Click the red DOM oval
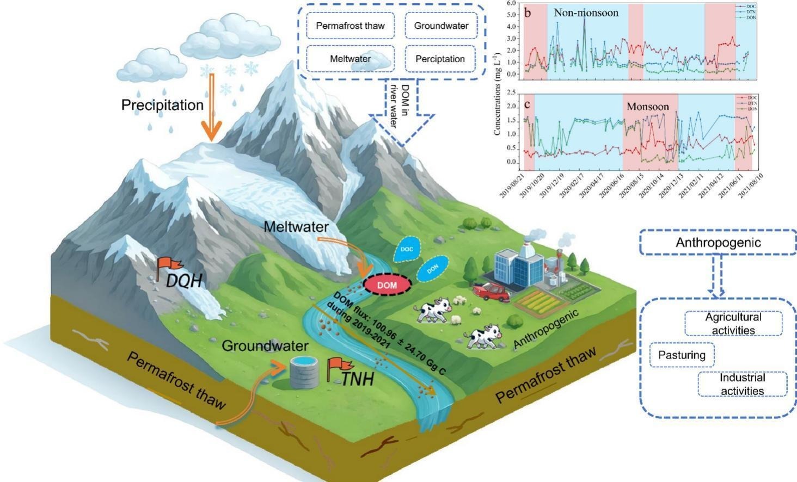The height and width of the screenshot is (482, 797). (387, 285)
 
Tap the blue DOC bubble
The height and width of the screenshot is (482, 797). (407, 250)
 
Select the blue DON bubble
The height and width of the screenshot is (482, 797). (432, 268)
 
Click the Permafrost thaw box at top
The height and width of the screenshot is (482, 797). (350, 26)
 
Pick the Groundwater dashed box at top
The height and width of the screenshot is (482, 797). (441, 26)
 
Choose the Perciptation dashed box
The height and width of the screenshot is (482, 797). (440, 59)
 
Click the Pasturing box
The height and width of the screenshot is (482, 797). (682, 355)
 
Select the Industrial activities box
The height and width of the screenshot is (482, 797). (742, 384)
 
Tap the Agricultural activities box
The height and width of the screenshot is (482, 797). (733, 324)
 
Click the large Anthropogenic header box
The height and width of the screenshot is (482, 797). (718, 243)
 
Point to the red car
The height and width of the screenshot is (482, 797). (492, 292)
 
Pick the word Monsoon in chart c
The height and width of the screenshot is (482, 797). (647, 107)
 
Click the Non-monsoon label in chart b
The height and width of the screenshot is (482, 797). (586, 13)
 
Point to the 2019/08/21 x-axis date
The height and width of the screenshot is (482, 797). (512, 186)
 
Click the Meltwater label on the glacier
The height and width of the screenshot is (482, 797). (296, 227)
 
